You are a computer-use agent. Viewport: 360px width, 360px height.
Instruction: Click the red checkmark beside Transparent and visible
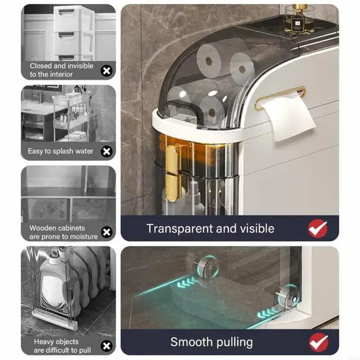point(318,228)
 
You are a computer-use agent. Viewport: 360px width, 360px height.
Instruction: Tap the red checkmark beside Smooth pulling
point(319,342)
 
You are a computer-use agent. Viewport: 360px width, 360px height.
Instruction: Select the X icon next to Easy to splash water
point(107,151)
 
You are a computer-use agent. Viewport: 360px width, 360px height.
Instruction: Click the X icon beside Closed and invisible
point(107,71)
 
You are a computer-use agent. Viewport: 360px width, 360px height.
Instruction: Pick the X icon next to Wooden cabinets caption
point(107,232)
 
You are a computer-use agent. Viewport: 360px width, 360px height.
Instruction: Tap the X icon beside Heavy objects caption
point(107,346)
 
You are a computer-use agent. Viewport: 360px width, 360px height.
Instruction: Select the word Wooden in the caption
point(43,228)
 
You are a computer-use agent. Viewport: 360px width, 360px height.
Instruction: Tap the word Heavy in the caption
point(44,342)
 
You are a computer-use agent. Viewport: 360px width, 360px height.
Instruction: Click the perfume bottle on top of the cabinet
point(298,20)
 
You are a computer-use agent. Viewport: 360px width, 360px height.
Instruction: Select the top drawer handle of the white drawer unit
point(67,11)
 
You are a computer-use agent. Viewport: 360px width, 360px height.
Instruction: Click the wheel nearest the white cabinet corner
point(288,297)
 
